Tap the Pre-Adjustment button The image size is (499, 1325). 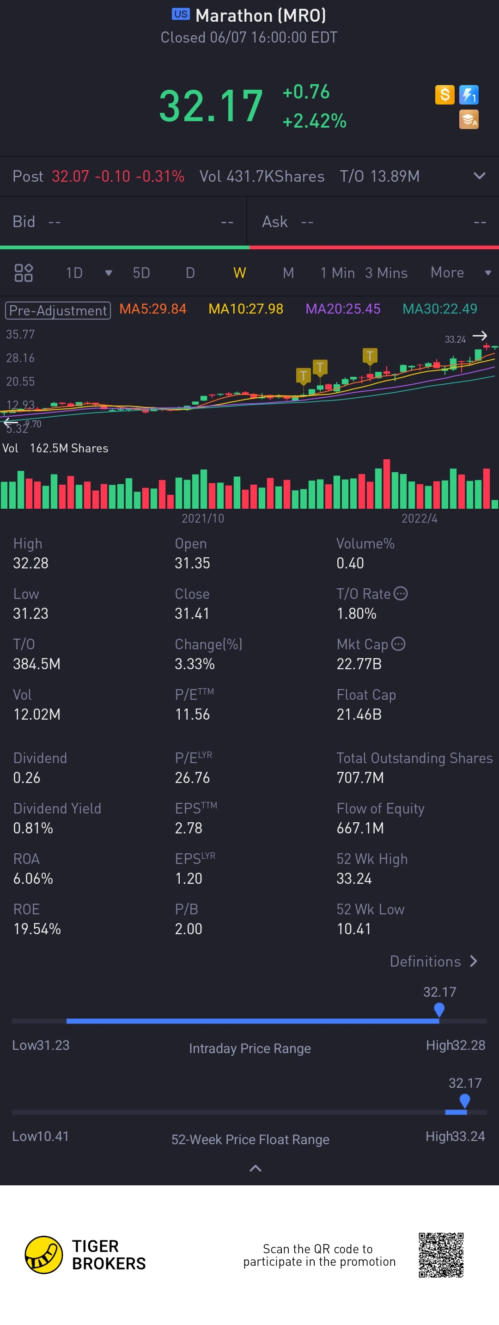click(x=58, y=310)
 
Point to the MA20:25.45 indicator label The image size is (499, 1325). click(x=343, y=308)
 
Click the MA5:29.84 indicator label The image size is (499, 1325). click(x=152, y=308)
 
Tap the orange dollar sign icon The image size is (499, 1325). click(x=444, y=95)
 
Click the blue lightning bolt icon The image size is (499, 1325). click(x=469, y=95)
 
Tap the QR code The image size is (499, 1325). click(x=441, y=1255)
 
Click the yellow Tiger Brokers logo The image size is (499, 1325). click(x=44, y=1255)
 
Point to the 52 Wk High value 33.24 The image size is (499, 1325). click(x=354, y=879)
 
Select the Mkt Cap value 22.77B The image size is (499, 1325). click(x=359, y=664)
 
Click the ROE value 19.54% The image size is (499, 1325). click(x=37, y=929)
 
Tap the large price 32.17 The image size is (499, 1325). click(x=211, y=106)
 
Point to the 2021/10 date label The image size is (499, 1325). click(x=203, y=518)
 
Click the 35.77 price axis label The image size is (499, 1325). click(x=20, y=334)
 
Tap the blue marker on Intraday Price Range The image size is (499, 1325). click(x=439, y=1009)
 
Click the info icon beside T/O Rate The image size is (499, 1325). click(x=400, y=593)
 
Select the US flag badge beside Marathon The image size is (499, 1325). click(x=180, y=14)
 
